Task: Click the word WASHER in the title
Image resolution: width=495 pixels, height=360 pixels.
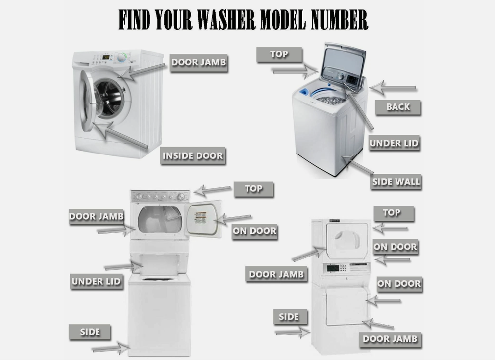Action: (226, 20)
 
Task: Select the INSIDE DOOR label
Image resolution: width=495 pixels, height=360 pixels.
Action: (193, 155)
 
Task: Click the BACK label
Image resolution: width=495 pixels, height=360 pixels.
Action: (398, 107)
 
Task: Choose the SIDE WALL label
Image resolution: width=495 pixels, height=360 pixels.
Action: (396, 182)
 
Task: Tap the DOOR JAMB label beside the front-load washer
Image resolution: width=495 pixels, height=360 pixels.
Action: (198, 62)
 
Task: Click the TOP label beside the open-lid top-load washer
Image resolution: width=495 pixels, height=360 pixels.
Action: (279, 54)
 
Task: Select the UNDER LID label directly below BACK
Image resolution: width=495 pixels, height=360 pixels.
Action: (394, 143)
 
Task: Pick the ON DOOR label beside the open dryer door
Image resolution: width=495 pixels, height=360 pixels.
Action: (254, 231)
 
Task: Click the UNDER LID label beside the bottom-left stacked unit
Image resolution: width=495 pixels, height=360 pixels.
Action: (97, 281)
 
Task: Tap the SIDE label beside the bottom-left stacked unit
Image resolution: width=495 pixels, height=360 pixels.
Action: (90, 332)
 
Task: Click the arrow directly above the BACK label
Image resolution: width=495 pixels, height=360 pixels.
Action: (393, 88)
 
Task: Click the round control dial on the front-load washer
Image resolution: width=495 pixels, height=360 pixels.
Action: (122, 58)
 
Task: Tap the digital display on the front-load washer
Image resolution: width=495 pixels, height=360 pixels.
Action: (106, 57)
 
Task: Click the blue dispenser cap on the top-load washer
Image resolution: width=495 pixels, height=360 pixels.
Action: (304, 92)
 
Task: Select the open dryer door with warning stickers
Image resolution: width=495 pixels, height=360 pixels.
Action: (203, 218)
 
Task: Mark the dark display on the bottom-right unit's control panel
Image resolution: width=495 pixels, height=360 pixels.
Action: (333, 269)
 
